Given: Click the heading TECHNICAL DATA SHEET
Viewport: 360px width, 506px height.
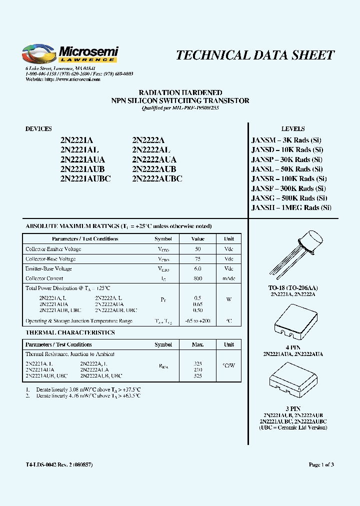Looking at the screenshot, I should click(255, 55).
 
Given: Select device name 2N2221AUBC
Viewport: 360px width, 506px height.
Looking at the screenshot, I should click(85, 178).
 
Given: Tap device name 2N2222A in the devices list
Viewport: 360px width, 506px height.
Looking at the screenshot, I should click(148, 140).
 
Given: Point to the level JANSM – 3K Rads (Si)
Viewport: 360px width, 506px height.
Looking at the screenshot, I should click(286, 140).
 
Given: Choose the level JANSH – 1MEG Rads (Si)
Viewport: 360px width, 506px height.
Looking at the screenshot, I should click(291, 207).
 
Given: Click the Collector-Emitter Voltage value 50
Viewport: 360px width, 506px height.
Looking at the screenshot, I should click(197, 249).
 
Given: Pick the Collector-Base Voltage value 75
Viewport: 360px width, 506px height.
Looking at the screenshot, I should click(197, 259).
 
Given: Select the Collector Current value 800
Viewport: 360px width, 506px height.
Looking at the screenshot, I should click(197, 278).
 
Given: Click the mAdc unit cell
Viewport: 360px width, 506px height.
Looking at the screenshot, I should click(228, 278).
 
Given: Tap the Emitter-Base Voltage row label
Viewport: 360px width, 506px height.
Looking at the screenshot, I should click(48, 268).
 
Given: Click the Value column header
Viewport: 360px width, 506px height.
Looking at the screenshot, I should click(197, 239).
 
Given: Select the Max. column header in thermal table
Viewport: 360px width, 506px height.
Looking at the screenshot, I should click(197, 344).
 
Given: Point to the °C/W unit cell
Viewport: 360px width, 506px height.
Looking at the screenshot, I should click(228, 365).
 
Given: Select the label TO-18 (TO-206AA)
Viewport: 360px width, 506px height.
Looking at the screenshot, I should click(293, 288).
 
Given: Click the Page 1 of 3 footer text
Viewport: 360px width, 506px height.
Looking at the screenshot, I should click(321, 465).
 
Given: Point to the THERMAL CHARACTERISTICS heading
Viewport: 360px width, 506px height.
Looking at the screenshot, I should click(70, 332).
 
